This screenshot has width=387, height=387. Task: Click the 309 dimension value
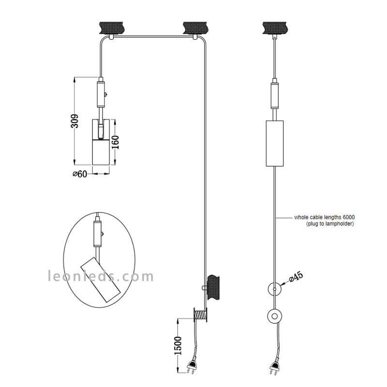tap(75, 121)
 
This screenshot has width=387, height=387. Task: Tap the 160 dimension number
tap(115, 142)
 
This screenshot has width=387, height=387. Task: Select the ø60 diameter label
tap(80, 174)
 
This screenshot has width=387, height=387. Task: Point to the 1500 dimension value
tap(178, 345)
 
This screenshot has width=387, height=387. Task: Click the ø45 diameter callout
tap(296, 277)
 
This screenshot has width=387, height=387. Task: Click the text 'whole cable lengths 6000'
tap(324, 217)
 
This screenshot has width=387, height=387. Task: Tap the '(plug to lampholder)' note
tap(330, 223)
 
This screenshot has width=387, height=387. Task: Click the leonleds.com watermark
tap(101, 276)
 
